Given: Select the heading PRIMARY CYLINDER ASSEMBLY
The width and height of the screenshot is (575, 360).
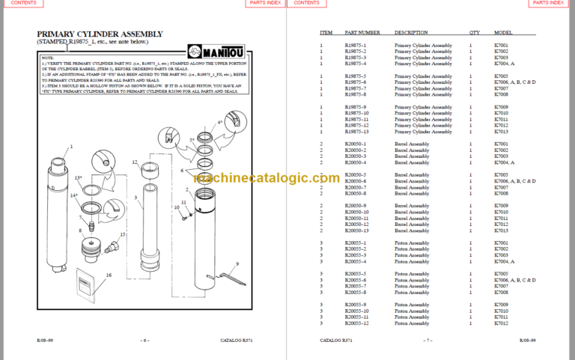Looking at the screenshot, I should coord(100,34).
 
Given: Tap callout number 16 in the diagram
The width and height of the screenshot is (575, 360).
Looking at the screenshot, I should coord(108,275).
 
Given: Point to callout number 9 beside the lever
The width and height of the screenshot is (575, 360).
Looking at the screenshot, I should coord(237,264).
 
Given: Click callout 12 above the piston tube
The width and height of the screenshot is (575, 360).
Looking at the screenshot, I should coord(134,162).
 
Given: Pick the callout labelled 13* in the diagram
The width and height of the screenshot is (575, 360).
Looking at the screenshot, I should coord(78,177).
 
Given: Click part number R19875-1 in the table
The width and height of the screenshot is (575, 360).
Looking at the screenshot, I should coord(356,46).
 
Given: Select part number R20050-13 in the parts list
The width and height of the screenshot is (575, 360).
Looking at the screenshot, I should coord(356,231).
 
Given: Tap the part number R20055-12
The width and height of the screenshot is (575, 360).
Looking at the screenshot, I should coord(356,323).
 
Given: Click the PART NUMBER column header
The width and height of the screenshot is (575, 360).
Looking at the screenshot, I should coord(362,33).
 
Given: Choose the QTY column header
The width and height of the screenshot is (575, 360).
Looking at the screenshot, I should coord(474,33).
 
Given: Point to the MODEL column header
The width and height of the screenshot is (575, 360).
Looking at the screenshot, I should coord(502,33).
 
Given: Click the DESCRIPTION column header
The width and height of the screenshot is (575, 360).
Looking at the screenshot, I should coord(411,33).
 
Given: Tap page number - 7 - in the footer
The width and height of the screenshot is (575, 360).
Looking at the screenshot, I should coord(428,341).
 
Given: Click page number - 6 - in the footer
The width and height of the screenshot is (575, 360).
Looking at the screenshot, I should coord(145,341).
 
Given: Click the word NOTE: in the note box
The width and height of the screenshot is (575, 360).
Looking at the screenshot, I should coord(48,57).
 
